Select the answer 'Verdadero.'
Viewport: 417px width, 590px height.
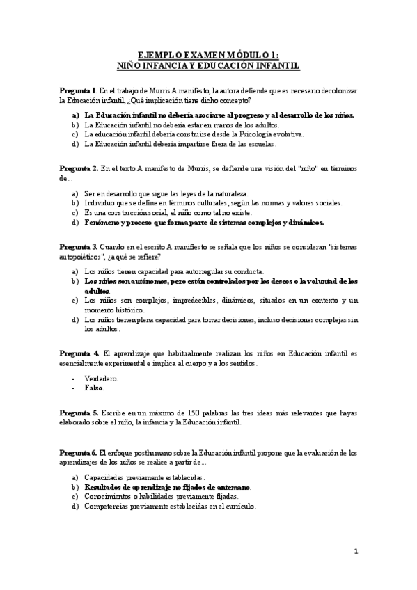[x=101, y=378]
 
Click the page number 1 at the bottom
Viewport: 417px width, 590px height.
[x=356, y=552]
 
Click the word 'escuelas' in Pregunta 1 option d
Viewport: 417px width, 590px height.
[x=260, y=144]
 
